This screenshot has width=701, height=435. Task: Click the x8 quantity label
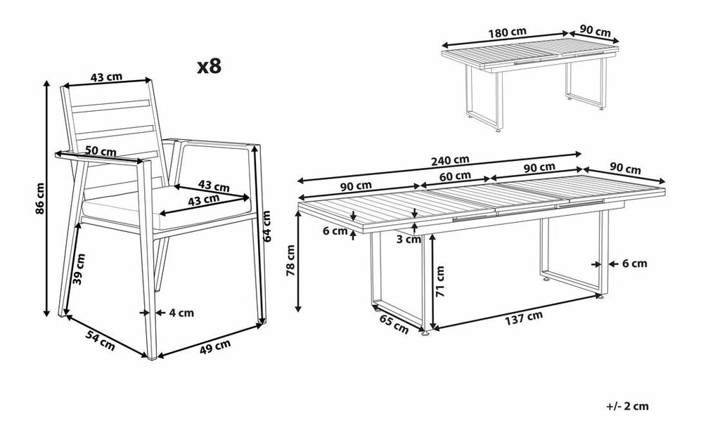click(210, 66)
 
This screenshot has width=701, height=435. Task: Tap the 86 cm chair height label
click(40, 198)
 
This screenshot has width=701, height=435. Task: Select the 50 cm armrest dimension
click(101, 150)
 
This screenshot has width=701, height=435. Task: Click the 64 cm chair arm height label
click(267, 226)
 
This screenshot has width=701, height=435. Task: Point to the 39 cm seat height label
click(79, 269)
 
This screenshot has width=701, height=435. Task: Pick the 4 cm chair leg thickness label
click(181, 313)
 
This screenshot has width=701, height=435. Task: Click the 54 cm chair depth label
click(101, 341)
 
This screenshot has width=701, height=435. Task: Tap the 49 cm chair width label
click(215, 346)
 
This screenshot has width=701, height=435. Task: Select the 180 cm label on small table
click(508, 32)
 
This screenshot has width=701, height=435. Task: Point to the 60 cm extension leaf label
click(455, 176)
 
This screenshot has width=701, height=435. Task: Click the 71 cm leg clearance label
click(440, 281)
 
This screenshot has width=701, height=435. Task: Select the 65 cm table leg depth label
click(394, 324)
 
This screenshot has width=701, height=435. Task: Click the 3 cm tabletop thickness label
click(409, 240)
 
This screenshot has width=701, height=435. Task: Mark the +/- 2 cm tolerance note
click(627, 406)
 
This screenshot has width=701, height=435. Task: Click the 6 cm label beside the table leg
click(634, 264)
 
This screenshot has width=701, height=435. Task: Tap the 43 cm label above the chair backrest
click(106, 77)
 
